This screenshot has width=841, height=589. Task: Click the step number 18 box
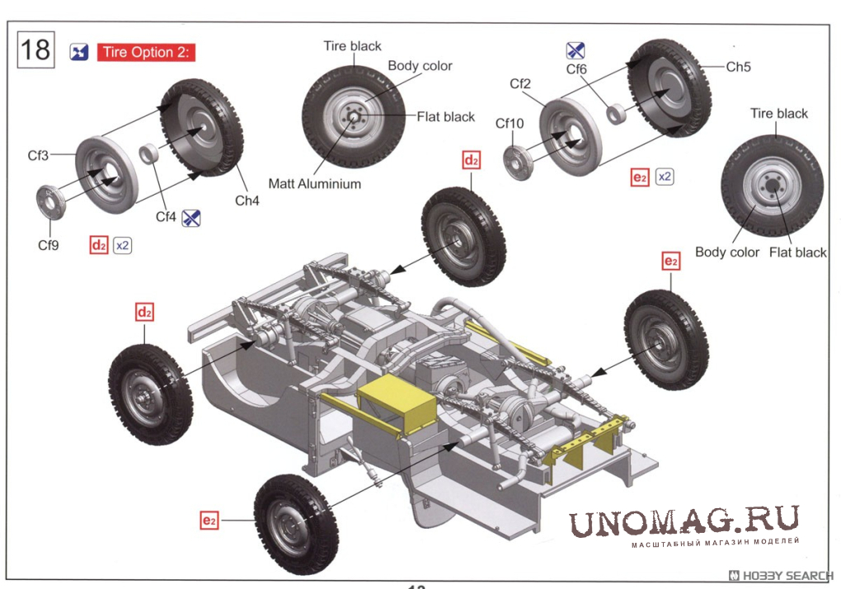(35, 50)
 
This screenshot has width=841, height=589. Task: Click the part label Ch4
(247, 200)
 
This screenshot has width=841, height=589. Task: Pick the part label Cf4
(166, 218)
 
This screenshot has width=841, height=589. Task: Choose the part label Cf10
(509, 124)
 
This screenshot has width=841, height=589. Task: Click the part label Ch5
(738, 67)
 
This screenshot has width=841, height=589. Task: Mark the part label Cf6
(576, 69)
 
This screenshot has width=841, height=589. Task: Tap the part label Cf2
(519, 84)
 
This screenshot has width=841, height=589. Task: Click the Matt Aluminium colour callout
(314, 184)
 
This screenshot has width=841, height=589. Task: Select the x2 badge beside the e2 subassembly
(665, 177)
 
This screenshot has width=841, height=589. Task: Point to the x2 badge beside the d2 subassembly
(123, 245)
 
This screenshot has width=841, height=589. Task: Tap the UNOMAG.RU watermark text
(684, 521)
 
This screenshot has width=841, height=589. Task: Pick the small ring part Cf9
(51, 202)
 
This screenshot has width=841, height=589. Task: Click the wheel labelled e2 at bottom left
(295, 524)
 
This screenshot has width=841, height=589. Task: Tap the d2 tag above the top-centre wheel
(471, 161)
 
